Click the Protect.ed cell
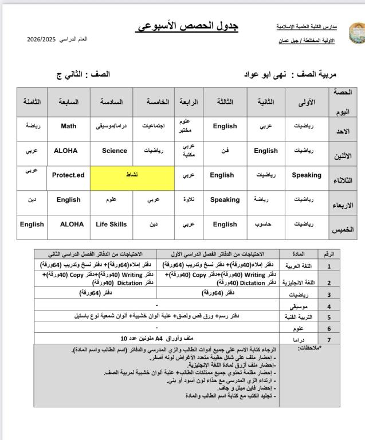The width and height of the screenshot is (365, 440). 68,175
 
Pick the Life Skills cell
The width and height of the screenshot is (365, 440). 111,224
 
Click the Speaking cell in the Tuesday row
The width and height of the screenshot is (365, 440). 306,175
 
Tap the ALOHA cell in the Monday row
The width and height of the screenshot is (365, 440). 66,151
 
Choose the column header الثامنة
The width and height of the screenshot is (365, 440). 32,101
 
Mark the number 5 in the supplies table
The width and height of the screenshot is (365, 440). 329,316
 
